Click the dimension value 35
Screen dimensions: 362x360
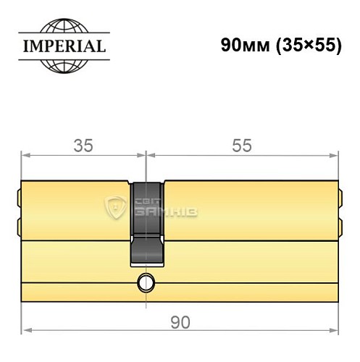[x=83, y=146]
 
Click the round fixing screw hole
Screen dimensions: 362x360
[x=147, y=282]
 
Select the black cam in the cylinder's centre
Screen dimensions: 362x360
[x=147, y=224]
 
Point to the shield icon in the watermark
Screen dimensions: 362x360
[x=116, y=209]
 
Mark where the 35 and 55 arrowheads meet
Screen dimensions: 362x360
[x=146, y=156]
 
